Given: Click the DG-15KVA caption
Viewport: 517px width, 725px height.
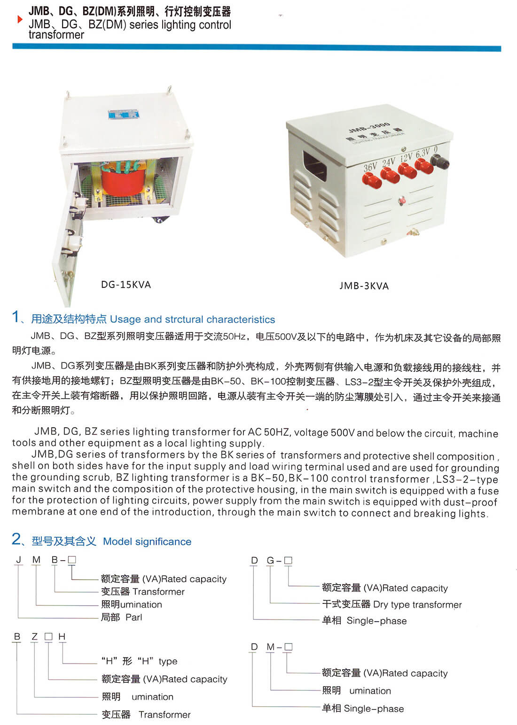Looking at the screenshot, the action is click(126, 285).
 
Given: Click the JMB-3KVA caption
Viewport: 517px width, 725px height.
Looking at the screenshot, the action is click(364, 286).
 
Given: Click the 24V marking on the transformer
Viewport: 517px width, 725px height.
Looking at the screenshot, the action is click(389, 162).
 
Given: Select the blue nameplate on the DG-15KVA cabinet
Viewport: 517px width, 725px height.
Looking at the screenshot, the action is click(124, 115).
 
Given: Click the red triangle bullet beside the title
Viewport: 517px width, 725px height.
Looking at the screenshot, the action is click(20, 19).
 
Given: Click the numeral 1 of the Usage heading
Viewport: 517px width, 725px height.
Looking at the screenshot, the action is click(16, 316).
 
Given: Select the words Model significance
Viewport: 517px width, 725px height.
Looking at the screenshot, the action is click(147, 542).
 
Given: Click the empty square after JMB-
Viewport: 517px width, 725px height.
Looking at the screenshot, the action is click(72, 560).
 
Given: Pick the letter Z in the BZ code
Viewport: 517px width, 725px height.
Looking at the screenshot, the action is click(34, 636).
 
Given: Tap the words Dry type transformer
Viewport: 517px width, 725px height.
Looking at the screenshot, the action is click(417, 605).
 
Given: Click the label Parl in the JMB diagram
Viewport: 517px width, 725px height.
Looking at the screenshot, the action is click(134, 617).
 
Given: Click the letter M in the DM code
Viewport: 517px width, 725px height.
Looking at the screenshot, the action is click(270, 647).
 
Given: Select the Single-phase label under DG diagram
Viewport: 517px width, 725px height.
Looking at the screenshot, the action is click(376, 621).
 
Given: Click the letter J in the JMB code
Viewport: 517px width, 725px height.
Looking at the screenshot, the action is click(19, 560).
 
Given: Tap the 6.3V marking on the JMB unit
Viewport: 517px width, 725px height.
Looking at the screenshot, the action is click(423, 153).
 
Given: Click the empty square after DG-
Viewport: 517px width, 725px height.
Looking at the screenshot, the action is click(288, 560).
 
